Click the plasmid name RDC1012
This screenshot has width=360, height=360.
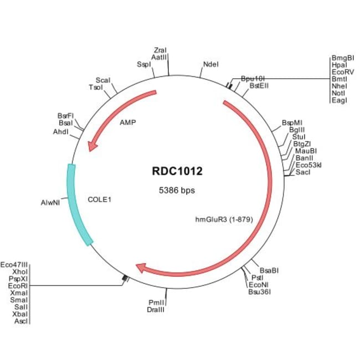(177, 171)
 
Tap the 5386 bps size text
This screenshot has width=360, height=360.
(177, 190)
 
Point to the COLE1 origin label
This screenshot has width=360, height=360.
(100, 198)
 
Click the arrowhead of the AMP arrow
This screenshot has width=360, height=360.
(93, 145)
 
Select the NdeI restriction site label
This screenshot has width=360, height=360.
(211, 64)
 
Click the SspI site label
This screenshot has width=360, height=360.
(143, 64)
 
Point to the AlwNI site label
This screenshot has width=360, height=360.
(52, 203)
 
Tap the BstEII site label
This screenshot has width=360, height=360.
(259, 86)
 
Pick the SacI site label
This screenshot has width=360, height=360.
(303, 172)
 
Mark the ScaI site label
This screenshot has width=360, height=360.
(103, 80)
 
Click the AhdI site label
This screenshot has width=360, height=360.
(61, 132)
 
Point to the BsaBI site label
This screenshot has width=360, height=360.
(269, 270)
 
